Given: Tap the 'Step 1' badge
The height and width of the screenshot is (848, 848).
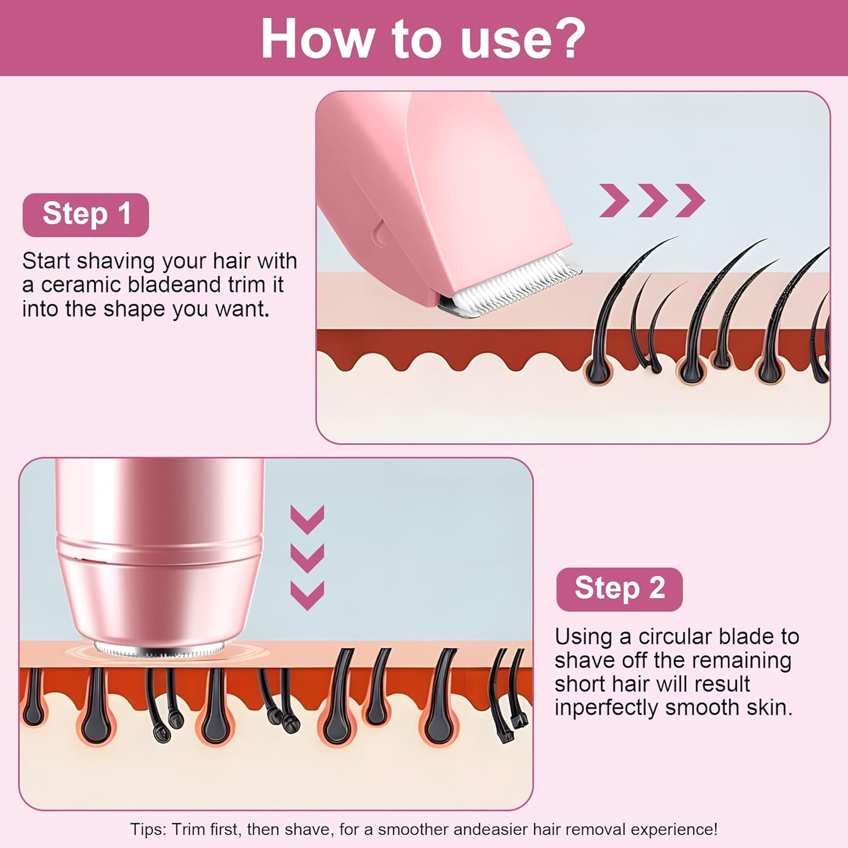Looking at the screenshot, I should [x=86, y=215].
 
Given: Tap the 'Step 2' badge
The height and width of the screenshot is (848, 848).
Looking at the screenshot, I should [x=619, y=589].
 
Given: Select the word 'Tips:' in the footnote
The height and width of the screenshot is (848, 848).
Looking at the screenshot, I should [x=148, y=829].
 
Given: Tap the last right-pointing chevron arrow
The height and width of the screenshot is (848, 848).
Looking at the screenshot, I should [x=690, y=200].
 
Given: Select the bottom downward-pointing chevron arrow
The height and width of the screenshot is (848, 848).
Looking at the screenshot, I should [x=307, y=595].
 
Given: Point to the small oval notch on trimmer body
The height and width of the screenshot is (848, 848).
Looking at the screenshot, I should [x=379, y=232].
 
